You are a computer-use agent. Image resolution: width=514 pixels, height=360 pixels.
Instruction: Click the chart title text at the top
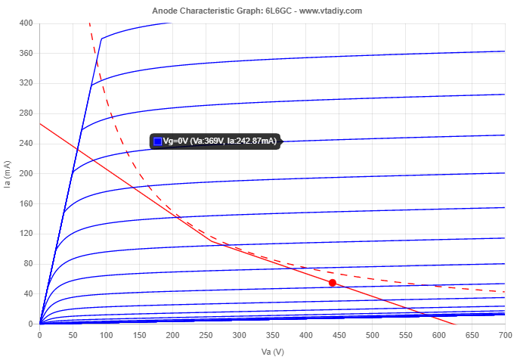[x=257, y=11]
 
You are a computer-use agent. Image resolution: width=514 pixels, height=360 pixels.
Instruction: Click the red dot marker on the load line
[x=332, y=282]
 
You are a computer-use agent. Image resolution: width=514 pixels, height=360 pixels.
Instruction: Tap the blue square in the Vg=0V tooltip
[x=158, y=141]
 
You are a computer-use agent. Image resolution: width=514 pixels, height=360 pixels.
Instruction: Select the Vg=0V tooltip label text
[x=220, y=141]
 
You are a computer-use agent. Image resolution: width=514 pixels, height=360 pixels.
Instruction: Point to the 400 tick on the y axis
[x=26, y=23]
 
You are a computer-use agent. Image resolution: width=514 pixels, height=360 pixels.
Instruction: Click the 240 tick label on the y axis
[x=26, y=144]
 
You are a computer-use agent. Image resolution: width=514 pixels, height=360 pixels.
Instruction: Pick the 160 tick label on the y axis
[x=26, y=203]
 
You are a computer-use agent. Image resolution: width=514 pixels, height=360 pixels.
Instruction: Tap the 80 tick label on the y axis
[x=29, y=263]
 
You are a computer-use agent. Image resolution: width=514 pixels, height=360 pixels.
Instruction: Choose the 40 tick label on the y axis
[x=29, y=293]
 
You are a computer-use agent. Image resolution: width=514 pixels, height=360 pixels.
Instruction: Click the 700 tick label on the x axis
[x=504, y=334]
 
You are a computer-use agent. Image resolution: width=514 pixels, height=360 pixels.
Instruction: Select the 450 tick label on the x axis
[x=339, y=334]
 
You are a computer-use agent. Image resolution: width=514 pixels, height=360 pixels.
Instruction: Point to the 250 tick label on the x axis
[x=206, y=334]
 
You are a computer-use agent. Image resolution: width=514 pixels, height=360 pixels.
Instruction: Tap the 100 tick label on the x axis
[x=106, y=334]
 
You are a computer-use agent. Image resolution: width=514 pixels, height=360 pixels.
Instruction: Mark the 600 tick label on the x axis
[x=438, y=334]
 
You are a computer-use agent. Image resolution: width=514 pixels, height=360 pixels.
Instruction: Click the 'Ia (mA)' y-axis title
[x=8, y=174]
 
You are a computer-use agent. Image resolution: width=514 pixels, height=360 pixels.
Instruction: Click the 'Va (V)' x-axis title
[x=272, y=352]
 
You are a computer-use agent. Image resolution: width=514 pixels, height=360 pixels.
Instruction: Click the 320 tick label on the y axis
[x=26, y=83]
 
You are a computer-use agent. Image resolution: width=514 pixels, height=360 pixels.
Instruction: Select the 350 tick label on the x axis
[x=272, y=334]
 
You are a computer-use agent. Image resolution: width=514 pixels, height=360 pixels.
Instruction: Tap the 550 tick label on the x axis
[x=405, y=334]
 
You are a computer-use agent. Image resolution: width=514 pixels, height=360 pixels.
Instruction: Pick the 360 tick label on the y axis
[x=26, y=54]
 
